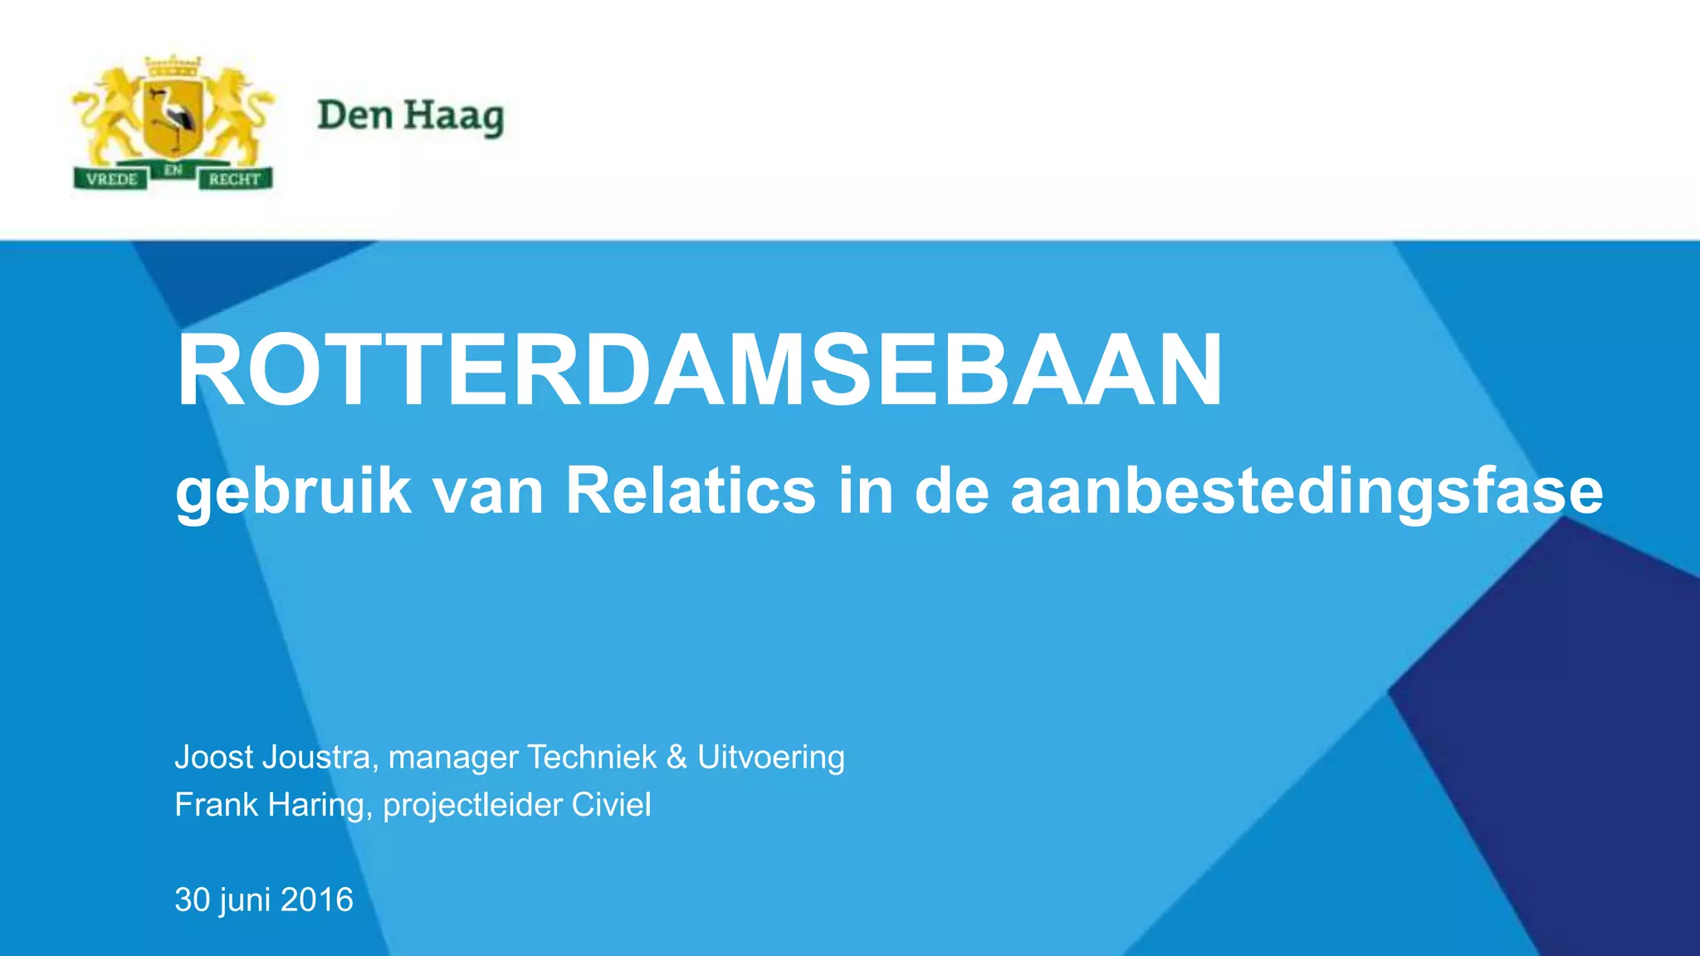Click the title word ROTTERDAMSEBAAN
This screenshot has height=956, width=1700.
pyautogui.click(x=699, y=370)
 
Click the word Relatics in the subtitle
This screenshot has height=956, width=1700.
pyautogui.click(x=691, y=491)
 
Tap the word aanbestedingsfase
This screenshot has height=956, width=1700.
pyautogui.click(x=1307, y=491)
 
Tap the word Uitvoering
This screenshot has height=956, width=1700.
pyautogui.click(x=770, y=757)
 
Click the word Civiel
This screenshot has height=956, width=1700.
pyautogui.click(x=611, y=805)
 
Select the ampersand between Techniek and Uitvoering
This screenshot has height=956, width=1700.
pyautogui.click(x=677, y=757)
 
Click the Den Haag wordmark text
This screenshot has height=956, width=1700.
pyautogui.click(x=410, y=116)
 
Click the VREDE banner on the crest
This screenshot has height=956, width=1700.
pyautogui.click(x=111, y=178)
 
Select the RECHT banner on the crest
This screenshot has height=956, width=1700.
pyautogui.click(x=235, y=178)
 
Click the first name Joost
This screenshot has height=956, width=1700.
pyautogui.click(x=213, y=757)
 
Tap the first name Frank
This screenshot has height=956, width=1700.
pyautogui.click(x=216, y=805)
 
